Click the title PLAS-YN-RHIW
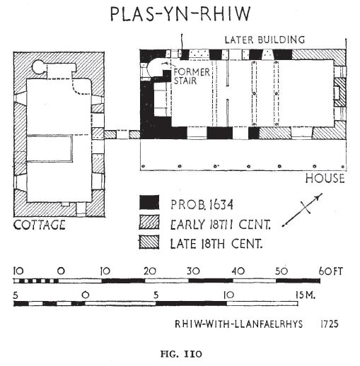point(180,14)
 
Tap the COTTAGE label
point(40,225)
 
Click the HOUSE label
point(325,178)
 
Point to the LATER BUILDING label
point(265,40)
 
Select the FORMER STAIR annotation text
point(192,76)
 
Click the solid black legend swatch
point(149,202)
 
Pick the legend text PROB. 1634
point(202,204)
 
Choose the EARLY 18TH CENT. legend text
point(220,225)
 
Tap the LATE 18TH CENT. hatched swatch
point(149,242)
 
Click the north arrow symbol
point(303,210)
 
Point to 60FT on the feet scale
point(331,271)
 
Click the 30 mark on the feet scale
point(193,271)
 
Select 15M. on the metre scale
point(306,295)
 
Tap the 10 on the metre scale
point(228,295)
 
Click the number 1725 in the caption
point(330,324)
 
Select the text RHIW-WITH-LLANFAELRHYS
point(238,324)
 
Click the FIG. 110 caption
point(181,354)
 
